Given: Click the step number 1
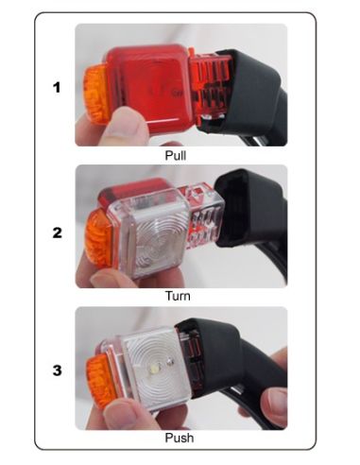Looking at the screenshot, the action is [x=57, y=87].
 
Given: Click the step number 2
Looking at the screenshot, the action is [x=57, y=232].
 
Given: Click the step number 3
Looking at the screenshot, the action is [x=57, y=370].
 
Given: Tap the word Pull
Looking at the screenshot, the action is [x=176, y=155].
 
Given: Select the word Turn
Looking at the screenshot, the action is [x=178, y=296].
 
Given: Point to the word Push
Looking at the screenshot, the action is [x=180, y=438].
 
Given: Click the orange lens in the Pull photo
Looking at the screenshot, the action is [x=95, y=91].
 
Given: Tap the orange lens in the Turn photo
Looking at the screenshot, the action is [x=98, y=238].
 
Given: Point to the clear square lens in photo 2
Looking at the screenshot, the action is [x=150, y=233].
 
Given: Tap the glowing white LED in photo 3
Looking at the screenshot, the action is [x=155, y=368].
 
